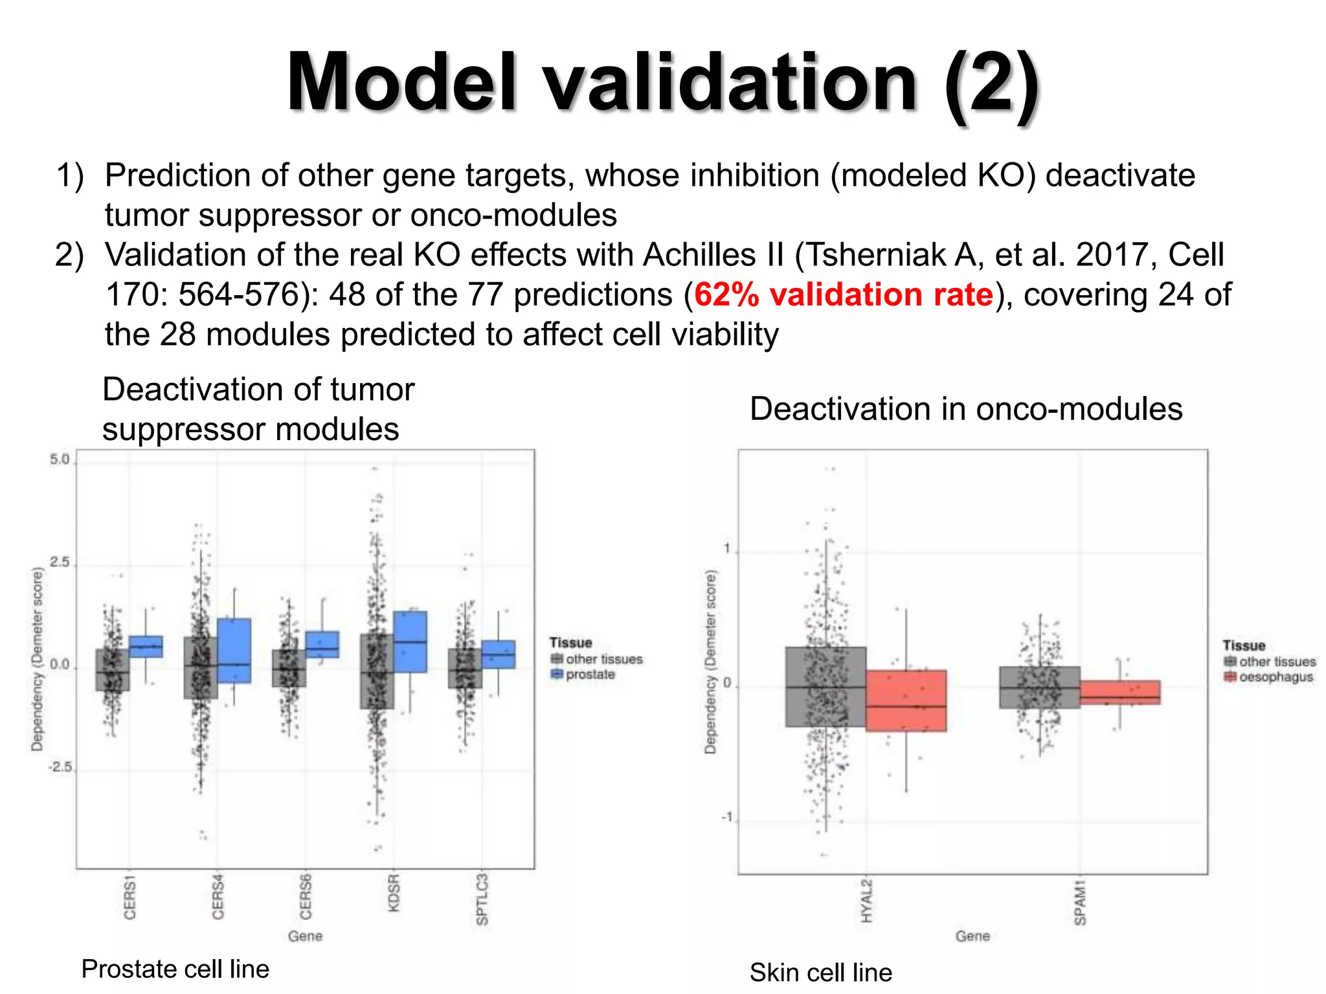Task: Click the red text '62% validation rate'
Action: coord(843,295)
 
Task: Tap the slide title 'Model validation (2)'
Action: coord(663,84)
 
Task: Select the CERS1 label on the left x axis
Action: coord(130,897)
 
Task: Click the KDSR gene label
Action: coord(394,893)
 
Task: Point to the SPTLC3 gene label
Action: coord(482,900)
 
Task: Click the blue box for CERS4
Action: coord(234,650)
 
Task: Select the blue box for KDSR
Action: coord(410,641)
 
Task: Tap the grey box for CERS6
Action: coord(289,668)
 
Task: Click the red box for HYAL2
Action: coord(906,701)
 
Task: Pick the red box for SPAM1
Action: coord(1119,692)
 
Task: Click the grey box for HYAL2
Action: coord(826,687)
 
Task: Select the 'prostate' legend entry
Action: coord(589,674)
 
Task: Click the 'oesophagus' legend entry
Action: coord(1275,677)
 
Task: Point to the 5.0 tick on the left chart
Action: coord(59,460)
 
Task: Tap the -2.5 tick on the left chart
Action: coord(59,768)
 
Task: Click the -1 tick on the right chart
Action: coord(726,817)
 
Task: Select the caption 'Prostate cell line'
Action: coord(175,969)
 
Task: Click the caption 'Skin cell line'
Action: coord(820,972)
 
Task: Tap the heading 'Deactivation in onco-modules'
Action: coord(965,409)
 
